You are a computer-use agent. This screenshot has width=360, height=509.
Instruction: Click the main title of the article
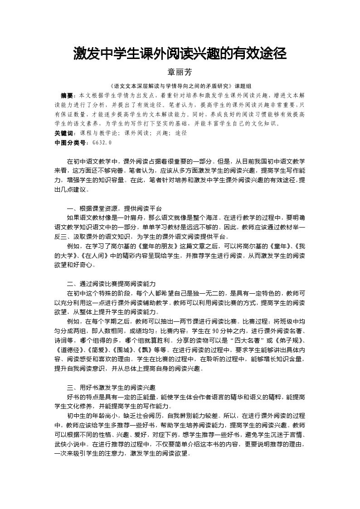[180, 55]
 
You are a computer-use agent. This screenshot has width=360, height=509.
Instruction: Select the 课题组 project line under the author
[180, 86]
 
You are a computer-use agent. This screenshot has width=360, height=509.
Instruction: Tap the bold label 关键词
[63, 134]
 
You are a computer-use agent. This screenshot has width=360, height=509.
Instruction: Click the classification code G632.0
[102, 143]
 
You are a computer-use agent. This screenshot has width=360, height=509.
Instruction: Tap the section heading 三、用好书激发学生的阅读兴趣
[111, 388]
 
